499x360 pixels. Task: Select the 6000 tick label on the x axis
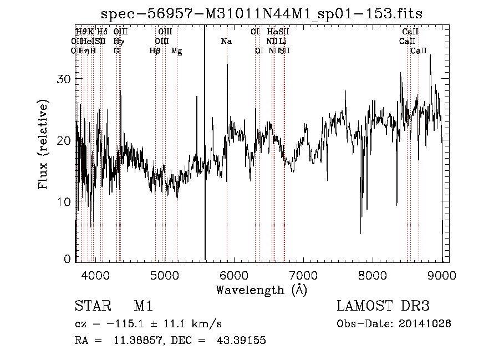pos(233,275)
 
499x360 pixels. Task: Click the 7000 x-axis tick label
pos(303,275)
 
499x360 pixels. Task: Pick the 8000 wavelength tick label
pos(372,275)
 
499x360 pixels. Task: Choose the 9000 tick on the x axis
pos(441,275)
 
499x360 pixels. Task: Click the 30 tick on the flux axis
pos(65,79)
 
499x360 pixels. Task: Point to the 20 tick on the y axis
pos(65,140)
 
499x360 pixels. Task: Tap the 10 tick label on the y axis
pos(65,202)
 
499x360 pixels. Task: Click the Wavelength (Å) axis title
pos(261,290)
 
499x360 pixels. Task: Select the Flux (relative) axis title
pos(44,144)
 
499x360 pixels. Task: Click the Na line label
pos(226,41)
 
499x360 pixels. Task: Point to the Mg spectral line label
pos(176,50)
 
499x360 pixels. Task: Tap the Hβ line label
pos(155,50)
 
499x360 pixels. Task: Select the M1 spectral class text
pos(144,306)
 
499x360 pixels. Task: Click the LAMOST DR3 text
pos(383,306)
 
